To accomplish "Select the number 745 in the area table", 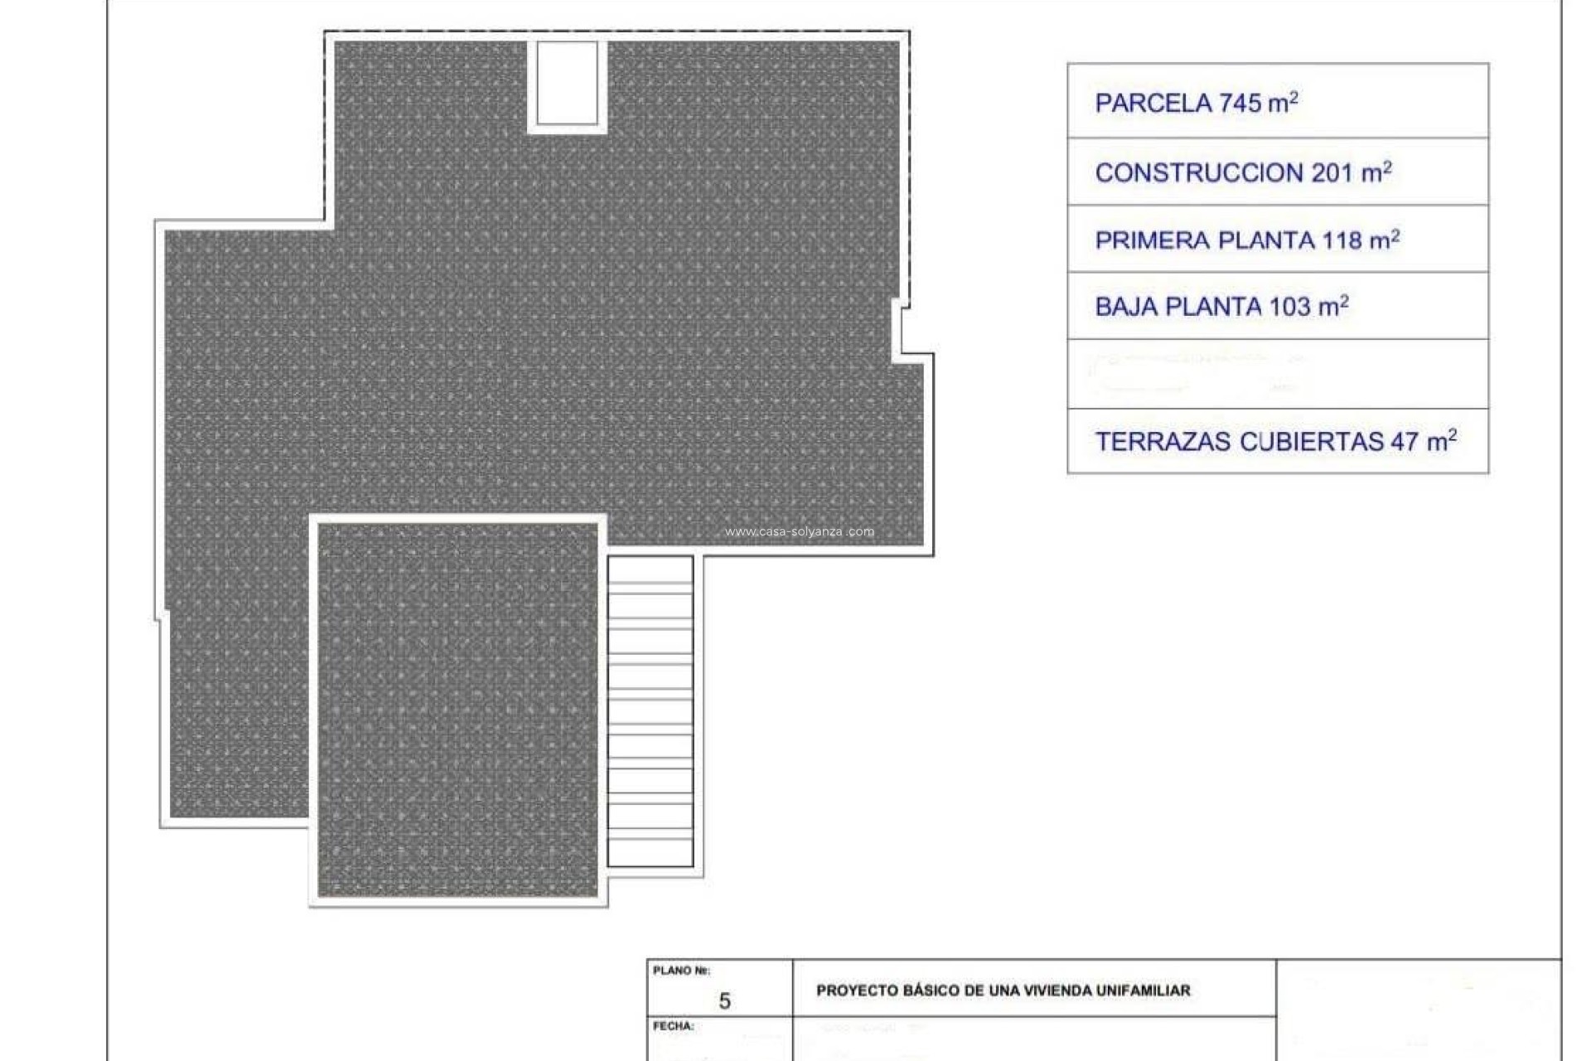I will click(x=1240, y=104).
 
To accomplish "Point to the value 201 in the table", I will click(x=1332, y=173).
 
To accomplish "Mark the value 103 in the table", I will click(x=1289, y=308).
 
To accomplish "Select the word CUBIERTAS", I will click(x=1312, y=442).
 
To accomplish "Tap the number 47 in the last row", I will click(x=1405, y=442).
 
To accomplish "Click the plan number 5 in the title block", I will click(x=724, y=1001).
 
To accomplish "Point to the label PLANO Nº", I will click(x=681, y=971).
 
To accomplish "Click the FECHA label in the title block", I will click(x=673, y=1026).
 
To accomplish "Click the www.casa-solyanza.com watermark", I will click(x=799, y=532).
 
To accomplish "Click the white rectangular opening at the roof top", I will click(x=568, y=83).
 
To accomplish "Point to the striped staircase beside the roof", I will click(x=650, y=711).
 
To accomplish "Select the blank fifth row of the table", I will click(x=1278, y=374).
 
